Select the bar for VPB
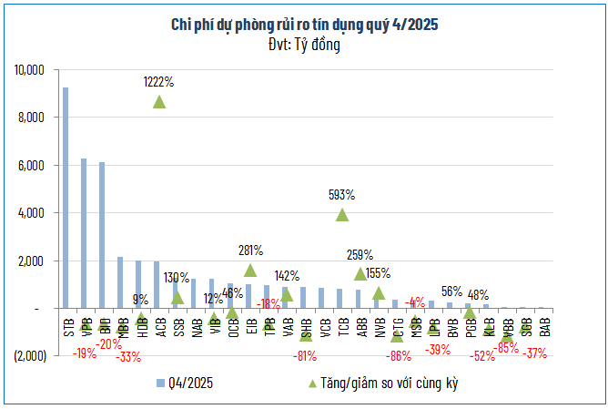84,233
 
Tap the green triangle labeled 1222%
159,101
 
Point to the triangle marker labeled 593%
342,215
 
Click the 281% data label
251,250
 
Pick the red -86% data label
398,355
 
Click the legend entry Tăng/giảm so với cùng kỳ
383,383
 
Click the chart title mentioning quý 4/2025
304,26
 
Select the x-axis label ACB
160,326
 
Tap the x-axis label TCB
342,326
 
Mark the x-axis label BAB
543,323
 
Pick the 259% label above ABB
360,256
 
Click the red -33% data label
127,356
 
